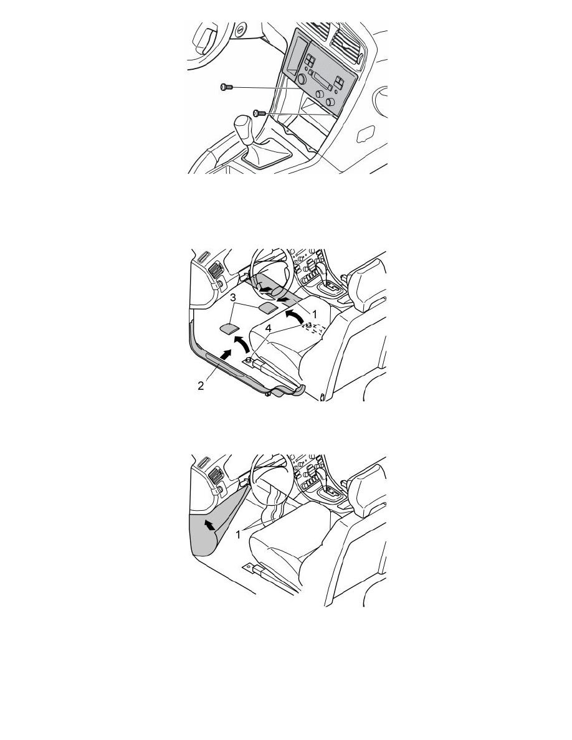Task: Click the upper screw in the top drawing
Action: [x=227, y=87]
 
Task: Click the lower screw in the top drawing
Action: [x=260, y=113]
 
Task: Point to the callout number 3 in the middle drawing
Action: [x=232, y=298]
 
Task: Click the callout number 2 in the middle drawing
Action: [x=201, y=386]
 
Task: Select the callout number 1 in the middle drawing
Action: [x=315, y=313]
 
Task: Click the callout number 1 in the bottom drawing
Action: [x=239, y=534]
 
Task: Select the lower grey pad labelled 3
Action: [x=229, y=328]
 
